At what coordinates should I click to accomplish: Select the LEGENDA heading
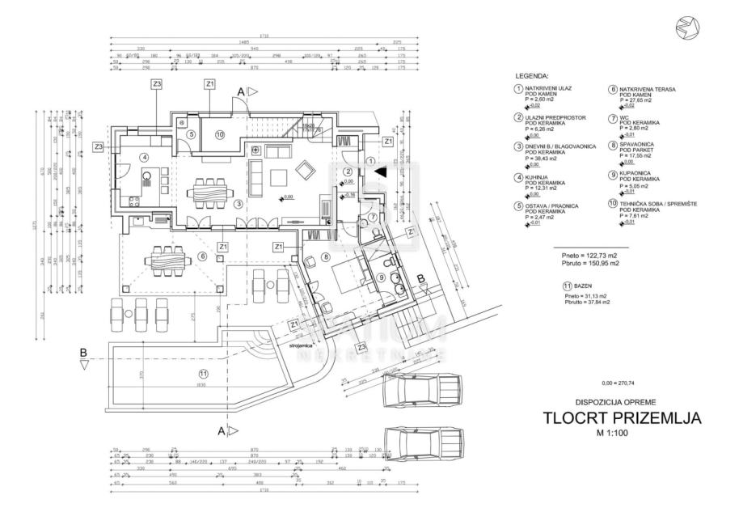(x=530, y=76)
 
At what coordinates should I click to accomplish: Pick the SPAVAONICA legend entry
(x=639, y=145)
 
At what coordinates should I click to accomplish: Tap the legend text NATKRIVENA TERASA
(x=648, y=89)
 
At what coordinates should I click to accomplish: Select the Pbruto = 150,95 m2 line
(x=586, y=263)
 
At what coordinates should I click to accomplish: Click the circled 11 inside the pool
(x=204, y=373)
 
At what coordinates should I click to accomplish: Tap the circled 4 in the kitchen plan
(x=144, y=157)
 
